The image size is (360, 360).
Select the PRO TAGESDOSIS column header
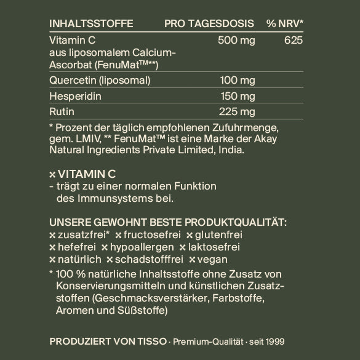click(209, 23)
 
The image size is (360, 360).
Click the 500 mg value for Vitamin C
click(236, 41)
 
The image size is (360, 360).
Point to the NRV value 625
click(295, 41)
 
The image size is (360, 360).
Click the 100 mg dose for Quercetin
click(238, 81)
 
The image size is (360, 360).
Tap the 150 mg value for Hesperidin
click(238, 96)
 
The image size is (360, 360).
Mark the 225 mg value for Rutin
click(238, 111)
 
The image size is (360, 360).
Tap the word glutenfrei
click(218, 234)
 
